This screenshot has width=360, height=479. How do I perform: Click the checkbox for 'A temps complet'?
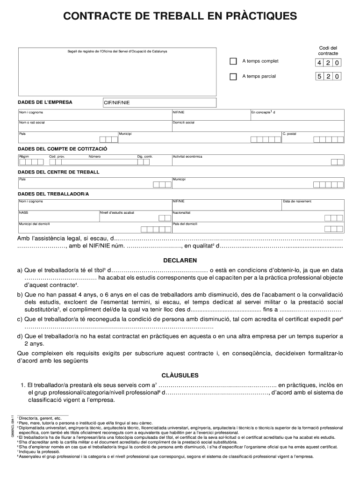233,62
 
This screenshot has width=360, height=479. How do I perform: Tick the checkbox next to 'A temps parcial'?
233,77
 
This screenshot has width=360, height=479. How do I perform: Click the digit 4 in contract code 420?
319,63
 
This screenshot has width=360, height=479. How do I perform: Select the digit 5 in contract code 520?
319,77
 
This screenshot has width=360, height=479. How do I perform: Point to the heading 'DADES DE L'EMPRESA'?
45,102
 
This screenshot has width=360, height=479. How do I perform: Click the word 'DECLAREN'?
180,260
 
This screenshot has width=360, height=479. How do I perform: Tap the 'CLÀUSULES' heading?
180,375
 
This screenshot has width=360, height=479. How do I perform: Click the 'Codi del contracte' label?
328,51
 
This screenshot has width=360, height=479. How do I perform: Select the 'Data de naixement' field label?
297,202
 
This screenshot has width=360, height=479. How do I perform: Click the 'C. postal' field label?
289,134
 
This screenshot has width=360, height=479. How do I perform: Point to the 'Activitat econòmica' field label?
187,156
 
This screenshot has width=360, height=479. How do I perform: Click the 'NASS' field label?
23,212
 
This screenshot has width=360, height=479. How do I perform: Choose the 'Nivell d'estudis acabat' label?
117,212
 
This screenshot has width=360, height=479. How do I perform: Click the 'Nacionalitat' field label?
182,212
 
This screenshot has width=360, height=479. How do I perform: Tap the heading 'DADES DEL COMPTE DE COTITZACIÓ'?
63,148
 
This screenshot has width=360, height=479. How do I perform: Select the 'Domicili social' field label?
184,123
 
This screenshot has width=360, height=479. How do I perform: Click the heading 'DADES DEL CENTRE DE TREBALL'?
59,172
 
